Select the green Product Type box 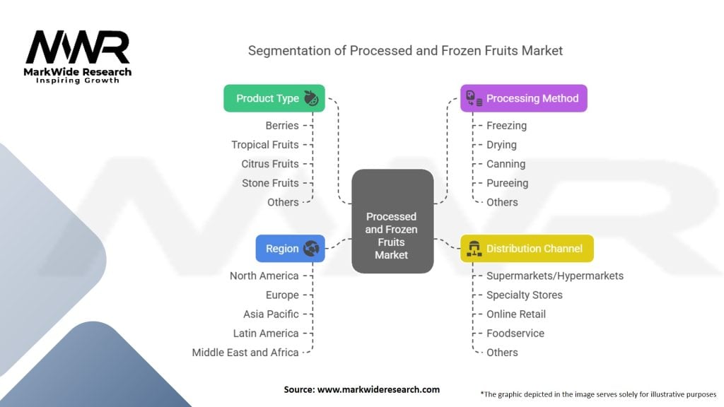point(274,98)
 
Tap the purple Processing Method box point(523,98)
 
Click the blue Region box point(290,249)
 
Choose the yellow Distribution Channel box point(527,249)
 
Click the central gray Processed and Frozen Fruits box point(392,221)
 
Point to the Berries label point(282,126)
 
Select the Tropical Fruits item point(265,145)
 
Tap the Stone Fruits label point(270,183)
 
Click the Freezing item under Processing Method point(506,126)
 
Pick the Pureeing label point(507,183)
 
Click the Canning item point(506,164)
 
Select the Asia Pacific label point(271,314)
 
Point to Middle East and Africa point(245,352)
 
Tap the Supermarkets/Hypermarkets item point(555,276)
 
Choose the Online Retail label point(516,314)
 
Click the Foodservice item point(515,333)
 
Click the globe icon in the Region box point(311,249)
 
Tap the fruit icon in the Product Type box point(311,98)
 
